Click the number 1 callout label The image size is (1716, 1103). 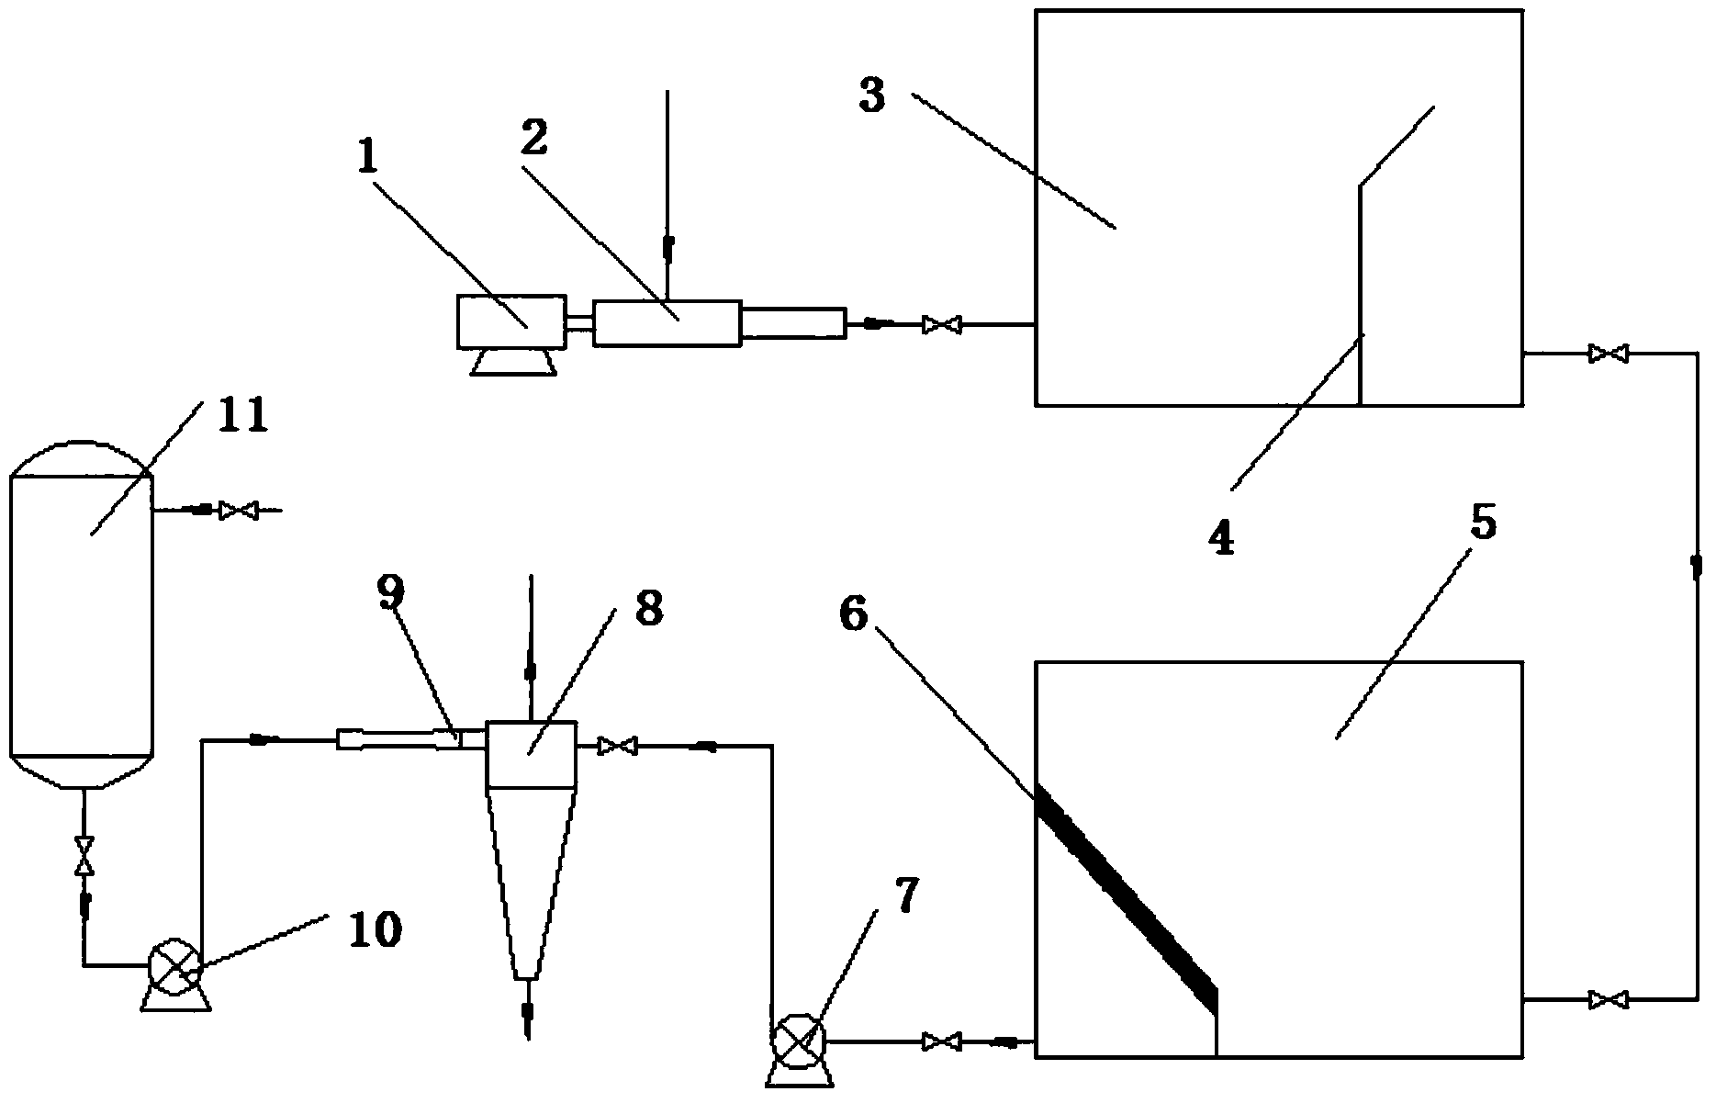coord(367,157)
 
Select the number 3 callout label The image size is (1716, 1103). coord(872,95)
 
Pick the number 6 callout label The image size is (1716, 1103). coord(853,614)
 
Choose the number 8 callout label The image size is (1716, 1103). coord(648,607)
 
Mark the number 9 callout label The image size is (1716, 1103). coord(390,593)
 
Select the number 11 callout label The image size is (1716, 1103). coord(242,415)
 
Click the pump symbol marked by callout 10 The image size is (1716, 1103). coord(174,966)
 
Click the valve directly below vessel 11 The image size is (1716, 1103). coord(84,855)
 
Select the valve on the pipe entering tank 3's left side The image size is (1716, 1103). coord(942,324)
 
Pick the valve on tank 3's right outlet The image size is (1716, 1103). coord(1608,353)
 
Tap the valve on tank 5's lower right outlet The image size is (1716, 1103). coord(1608,998)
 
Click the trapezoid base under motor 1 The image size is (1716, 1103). coord(512,362)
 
